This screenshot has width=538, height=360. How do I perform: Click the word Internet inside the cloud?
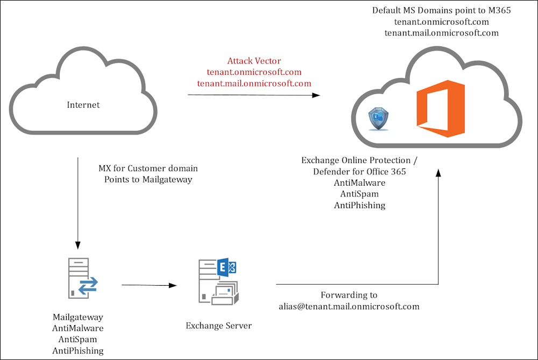(83, 105)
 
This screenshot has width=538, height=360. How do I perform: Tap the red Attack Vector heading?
(254, 61)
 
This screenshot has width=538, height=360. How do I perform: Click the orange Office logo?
(441, 109)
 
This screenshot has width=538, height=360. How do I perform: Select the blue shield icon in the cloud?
(378, 119)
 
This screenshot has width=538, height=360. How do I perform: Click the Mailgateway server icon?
(83, 278)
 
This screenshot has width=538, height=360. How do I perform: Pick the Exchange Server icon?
(218, 281)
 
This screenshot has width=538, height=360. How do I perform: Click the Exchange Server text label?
(218, 326)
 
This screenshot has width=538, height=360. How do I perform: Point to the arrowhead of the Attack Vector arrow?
(316, 95)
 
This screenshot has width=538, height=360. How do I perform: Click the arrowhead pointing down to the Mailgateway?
(78, 245)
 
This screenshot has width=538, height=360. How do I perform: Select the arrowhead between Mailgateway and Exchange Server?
(173, 285)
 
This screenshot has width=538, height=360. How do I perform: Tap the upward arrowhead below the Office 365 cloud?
(438, 173)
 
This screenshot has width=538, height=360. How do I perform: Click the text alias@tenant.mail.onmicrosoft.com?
(349, 307)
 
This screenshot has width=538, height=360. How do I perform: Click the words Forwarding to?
(349, 295)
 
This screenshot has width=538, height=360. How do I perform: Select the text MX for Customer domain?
(148, 168)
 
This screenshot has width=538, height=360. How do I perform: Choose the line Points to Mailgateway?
(148, 180)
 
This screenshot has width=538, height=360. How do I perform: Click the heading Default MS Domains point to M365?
(442, 10)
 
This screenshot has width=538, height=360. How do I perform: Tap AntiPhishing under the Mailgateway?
(78, 351)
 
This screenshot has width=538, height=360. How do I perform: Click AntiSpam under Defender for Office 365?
(359, 194)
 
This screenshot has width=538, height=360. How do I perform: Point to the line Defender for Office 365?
(359, 172)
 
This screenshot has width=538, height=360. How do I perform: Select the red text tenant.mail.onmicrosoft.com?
(254, 83)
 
